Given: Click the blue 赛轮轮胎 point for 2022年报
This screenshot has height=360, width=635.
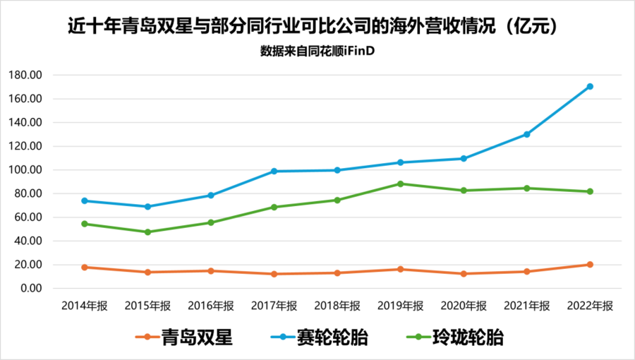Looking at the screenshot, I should pos(590,87).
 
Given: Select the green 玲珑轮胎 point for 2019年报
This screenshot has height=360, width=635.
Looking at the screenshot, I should pos(401,184).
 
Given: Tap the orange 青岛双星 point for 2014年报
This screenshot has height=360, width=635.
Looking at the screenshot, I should pos(85,267).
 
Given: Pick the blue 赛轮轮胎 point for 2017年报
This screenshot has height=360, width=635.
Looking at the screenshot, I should pos(274,171).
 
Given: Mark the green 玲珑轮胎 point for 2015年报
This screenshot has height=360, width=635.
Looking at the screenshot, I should pos(147,232).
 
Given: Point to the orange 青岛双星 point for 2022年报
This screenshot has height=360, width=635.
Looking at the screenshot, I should pos(590,265).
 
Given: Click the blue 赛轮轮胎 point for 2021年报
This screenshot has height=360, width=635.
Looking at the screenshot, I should pos(526,134).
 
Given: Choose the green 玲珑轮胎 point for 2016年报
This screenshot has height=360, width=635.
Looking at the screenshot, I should pos(211,222).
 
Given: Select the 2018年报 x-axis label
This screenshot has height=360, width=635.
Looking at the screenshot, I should pos(337,306).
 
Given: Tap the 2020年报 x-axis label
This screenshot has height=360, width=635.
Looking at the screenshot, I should pos(464,306).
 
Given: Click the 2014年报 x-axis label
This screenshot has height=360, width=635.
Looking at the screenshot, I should pos(85,306).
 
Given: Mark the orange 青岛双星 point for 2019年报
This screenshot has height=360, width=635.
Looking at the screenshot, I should pos(401,269).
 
